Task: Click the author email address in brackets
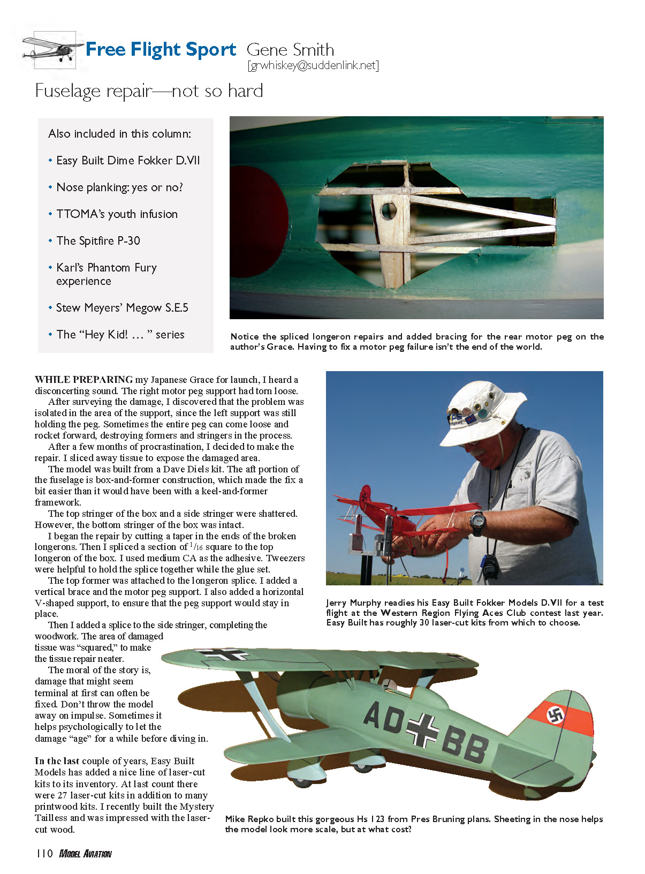click(313, 65)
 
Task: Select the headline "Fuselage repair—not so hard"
click(149, 91)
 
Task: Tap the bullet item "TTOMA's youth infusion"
click(117, 214)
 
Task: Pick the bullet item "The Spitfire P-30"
click(98, 241)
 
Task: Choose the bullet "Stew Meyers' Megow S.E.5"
click(122, 308)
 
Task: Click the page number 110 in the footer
click(44, 854)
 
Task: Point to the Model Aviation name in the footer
click(85, 854)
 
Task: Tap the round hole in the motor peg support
click(389, 210)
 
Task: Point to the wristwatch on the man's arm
click(477, 520)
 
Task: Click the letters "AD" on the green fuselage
click(384, 718)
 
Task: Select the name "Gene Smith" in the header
click(290, 50)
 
